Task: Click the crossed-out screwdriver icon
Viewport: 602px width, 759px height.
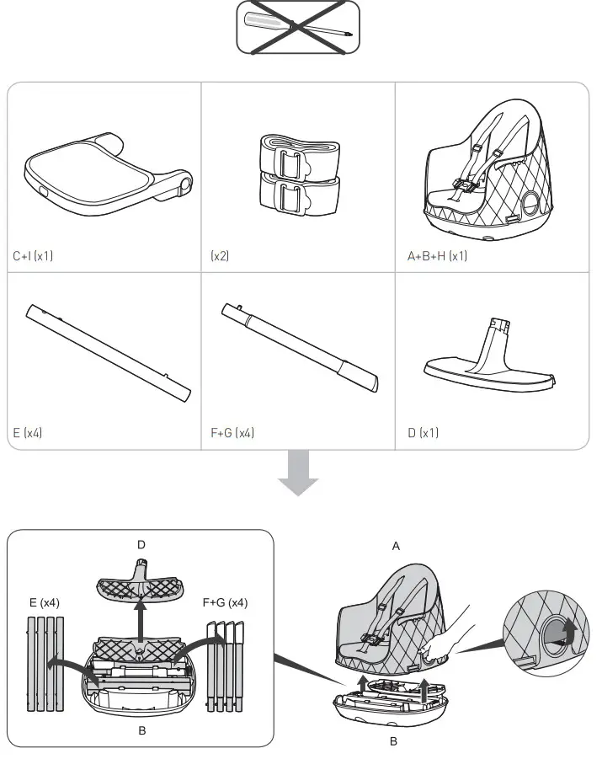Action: [298, 27]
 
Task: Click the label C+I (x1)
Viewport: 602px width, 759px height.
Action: [33, 256]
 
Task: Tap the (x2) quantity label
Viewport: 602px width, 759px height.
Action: [221, 256]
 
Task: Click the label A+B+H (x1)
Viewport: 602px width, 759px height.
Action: [436, 256]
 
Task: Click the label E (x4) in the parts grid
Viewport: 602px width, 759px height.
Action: [28, 433]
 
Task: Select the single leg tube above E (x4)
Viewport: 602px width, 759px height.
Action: [108, 353]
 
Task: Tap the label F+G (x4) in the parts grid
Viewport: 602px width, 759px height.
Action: [232, 433]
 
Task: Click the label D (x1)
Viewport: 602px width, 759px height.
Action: [423, 433]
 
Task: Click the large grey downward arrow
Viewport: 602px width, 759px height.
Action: [299, 473]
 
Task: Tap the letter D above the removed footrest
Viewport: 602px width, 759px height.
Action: [141, 545]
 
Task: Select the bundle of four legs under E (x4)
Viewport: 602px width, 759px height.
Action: [45, 665]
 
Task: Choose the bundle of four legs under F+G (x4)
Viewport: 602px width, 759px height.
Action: [226, 665]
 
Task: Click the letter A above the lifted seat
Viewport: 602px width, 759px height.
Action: [396, 546]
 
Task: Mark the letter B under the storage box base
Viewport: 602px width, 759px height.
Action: [392, 742]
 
